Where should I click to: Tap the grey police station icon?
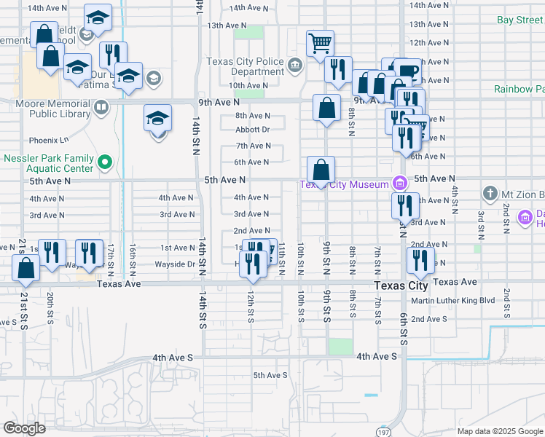(x=295, y=66)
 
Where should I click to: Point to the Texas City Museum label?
(x=345, y=184)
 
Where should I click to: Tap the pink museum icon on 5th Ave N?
(x=399, y=183)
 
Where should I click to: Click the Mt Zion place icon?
(x=489, y=194)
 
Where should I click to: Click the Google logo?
(x=25, y=428)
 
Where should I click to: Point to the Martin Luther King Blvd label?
(x=452, y=300)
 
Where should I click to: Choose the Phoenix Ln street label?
(x=48, y=140)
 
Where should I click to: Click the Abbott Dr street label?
(x=252, y=130)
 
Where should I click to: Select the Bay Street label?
(x=519, y=20)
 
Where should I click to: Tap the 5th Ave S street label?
(x=270, y=375)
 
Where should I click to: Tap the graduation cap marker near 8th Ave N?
(x=157, y=119)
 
